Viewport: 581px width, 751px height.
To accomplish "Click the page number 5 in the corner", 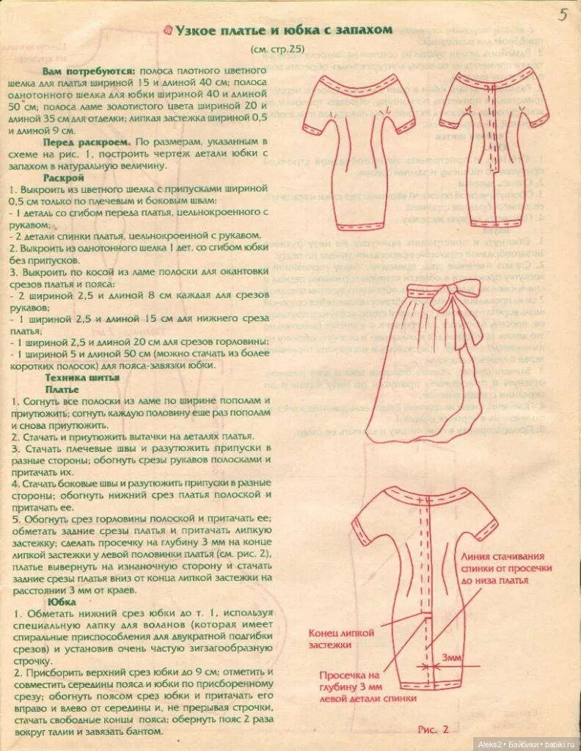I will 562,15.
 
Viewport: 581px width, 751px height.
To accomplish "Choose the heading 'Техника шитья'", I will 81,377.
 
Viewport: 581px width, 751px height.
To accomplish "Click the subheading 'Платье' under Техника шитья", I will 63,389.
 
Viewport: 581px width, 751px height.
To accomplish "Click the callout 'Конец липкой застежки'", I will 341,638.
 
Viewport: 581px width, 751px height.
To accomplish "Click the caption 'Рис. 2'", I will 433,729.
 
